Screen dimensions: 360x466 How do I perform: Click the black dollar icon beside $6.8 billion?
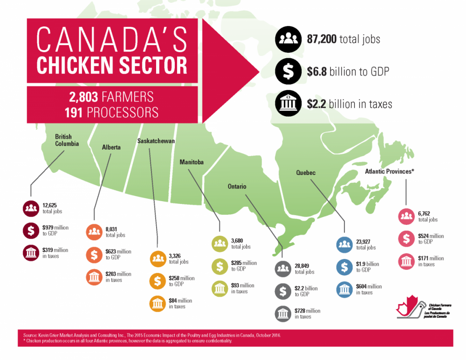[287, 71]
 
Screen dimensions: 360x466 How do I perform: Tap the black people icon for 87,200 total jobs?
[287, 39]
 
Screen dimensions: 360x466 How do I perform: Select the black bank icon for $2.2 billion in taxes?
[287, 104]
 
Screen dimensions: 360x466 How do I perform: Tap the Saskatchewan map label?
[156, 141]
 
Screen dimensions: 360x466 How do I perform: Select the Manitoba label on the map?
[191, 162]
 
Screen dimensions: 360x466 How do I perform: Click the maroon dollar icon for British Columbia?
[30, 231]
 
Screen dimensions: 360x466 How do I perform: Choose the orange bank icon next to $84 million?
[158, 303]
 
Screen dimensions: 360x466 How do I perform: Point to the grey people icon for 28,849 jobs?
[283, 269]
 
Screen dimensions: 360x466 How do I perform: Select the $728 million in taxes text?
[308, 313]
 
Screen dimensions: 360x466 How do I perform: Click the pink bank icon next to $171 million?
[406, 261]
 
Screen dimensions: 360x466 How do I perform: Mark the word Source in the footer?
[31, 335]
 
